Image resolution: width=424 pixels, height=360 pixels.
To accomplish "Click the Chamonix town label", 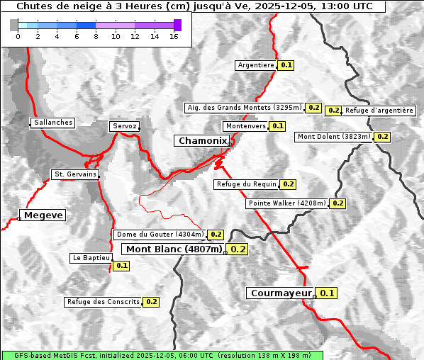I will [x=202, y=141].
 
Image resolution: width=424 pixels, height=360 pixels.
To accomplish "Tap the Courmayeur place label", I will [x=281, y=293].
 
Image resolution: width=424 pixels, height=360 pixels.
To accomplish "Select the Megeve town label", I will [x=43, y=215].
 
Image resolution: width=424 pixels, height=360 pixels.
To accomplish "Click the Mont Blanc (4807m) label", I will [x=174, y=249].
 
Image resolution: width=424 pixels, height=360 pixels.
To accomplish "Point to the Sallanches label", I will [x=53, y=123].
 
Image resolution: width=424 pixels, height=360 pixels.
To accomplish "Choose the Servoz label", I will [x=125, y=126].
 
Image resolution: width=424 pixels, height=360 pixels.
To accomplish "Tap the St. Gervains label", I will [x=75, y=174].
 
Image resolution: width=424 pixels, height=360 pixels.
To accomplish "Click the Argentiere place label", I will [x=256, y=65].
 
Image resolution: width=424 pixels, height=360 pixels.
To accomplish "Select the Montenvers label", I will [x=245, y=126].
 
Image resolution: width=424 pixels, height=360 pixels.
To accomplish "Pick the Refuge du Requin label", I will [x=245, y=184].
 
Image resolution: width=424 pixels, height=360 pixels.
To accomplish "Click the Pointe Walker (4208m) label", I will [x=286, y=203].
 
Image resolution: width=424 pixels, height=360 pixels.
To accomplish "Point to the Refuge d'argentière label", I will [x=379, y=111].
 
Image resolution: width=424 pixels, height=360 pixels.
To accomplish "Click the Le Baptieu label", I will [x=91, y=258].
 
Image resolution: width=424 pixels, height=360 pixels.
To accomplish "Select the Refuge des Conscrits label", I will [x=104, y=302].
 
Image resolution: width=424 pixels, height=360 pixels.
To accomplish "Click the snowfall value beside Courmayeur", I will [x=327, y=293].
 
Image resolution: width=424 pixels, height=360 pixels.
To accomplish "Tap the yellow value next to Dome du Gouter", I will [x=216, y=235].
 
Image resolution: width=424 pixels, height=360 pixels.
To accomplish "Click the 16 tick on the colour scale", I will [x=174, y=36].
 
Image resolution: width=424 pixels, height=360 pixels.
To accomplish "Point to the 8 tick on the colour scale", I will [x=96, y=36].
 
